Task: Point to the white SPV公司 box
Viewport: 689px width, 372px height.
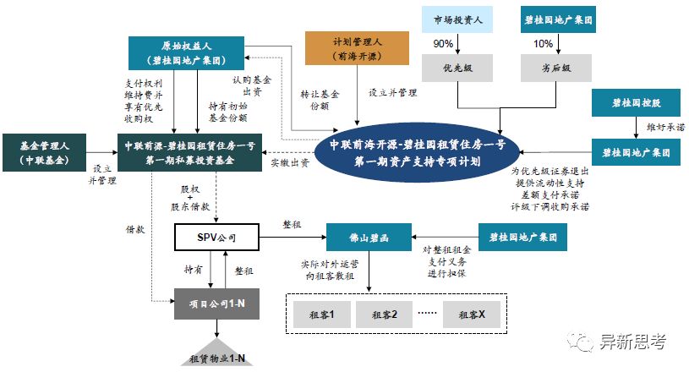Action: coord(216,238)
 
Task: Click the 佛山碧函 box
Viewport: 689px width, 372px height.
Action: coord(369,238)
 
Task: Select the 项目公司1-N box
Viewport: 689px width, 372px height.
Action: coord(216,302)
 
